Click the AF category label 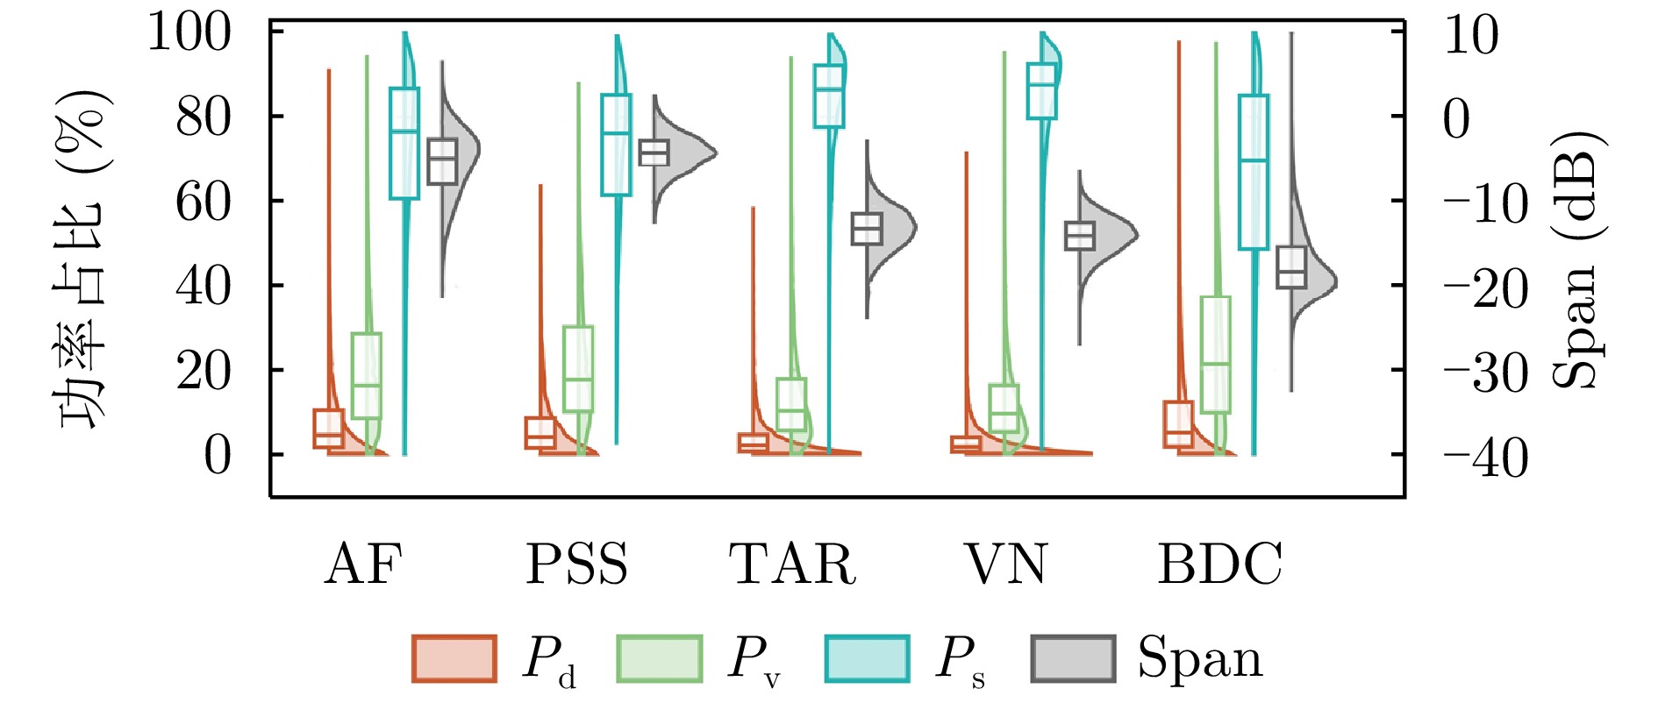[363, 565]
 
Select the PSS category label [576, 565]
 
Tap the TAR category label [792, 565]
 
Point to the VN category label [1005, 565]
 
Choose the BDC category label [1220, 565]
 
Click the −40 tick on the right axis [1485, 458]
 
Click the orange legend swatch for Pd [454, 658]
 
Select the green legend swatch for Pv [659, 658]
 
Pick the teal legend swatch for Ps [867, 658]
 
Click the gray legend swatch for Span [1073, 658]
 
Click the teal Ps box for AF [404, 143]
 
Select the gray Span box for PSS [654, 153]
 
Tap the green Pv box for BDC [1216, 354]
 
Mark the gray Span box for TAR [867, 229]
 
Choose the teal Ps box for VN [1042, 91]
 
